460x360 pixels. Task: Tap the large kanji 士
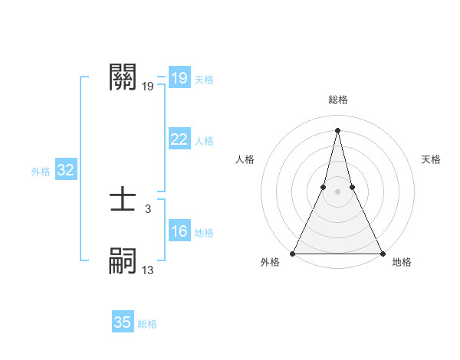123,201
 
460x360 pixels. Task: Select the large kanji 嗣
123,261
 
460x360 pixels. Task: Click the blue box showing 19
179,78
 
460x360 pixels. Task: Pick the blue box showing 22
179,139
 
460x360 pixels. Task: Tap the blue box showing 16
179,231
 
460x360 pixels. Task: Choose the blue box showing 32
65,171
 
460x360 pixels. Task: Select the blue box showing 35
123,322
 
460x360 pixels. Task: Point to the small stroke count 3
148,208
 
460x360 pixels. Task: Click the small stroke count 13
148,270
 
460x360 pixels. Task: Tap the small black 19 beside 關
148,86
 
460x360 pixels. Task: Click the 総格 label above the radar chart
337,100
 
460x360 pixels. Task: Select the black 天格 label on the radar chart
431,159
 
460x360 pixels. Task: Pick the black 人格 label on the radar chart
245,159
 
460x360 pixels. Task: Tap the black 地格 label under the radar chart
402,262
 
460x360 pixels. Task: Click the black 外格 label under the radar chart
270,262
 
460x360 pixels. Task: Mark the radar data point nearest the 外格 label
293,254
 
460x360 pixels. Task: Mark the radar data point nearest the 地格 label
382,254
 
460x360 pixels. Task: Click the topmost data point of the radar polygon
337,129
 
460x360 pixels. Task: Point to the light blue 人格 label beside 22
204,141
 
